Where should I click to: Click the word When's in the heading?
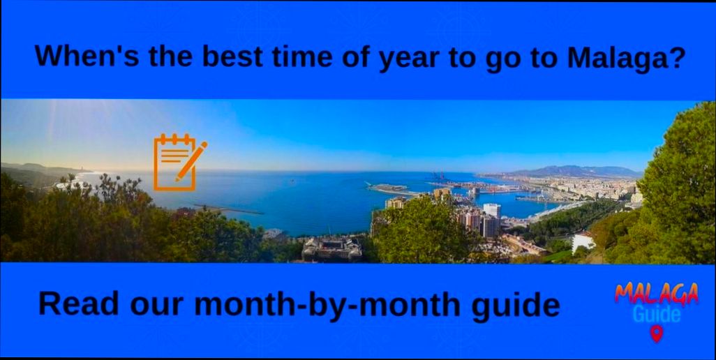coord(78,56)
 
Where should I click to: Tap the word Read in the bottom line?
coord(74,303)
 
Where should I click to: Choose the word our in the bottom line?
coord(154,305)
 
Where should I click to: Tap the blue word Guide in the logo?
coord(657,315)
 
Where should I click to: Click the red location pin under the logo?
coord(656,334)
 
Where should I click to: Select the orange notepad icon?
coord(174,162)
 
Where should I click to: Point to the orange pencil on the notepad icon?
coord(191,160)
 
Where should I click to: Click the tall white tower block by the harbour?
coord(492,211)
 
